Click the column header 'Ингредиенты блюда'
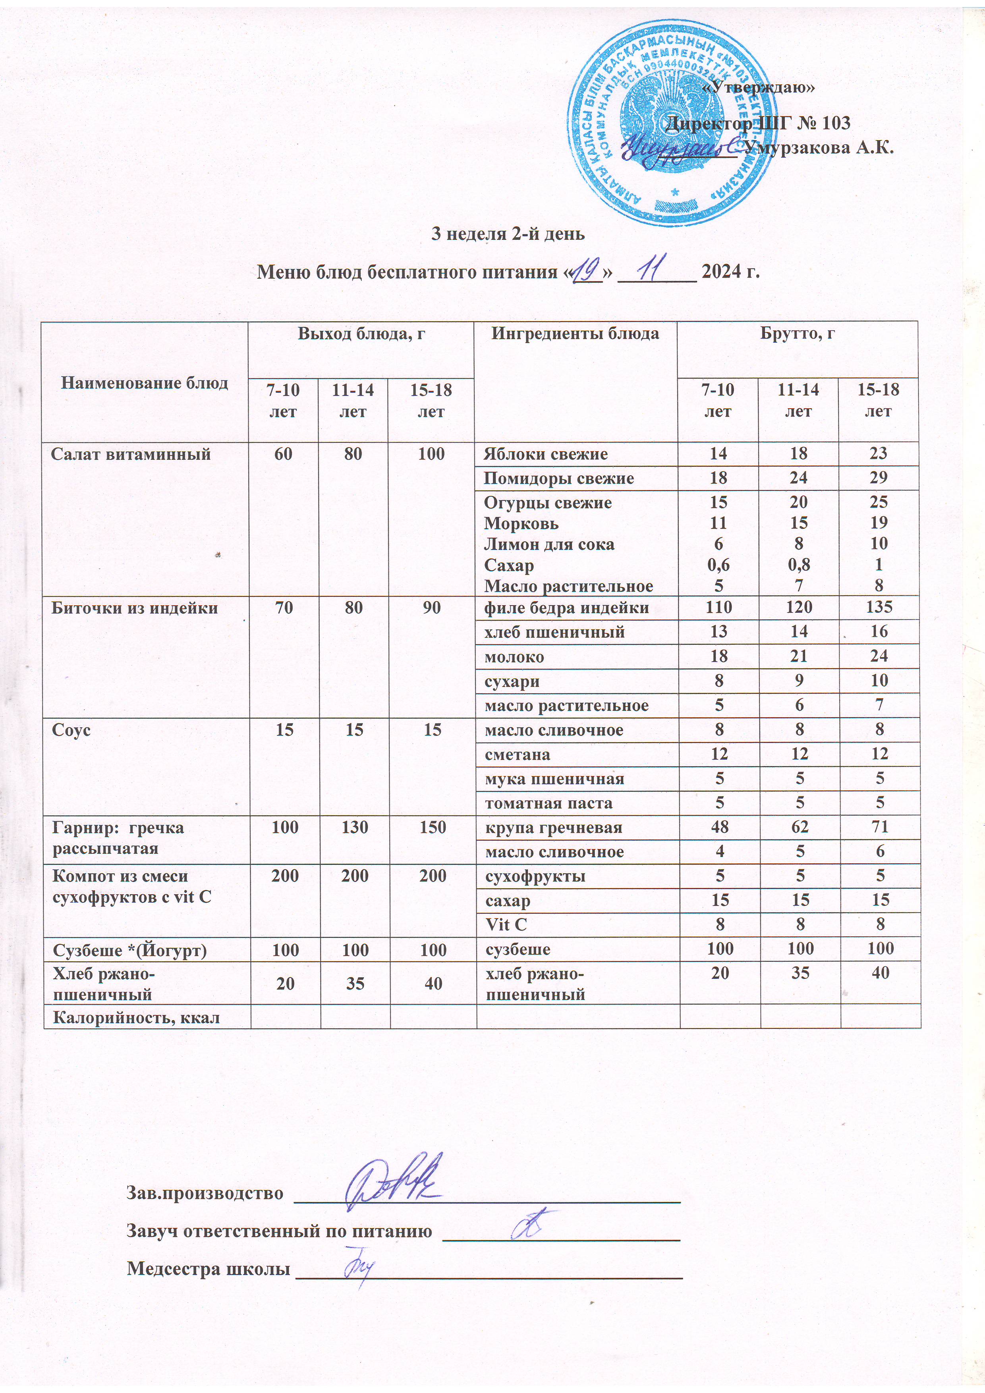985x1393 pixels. coord(575,333)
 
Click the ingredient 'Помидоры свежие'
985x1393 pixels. coord(558,478)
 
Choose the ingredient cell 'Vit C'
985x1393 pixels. coord(506,924)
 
